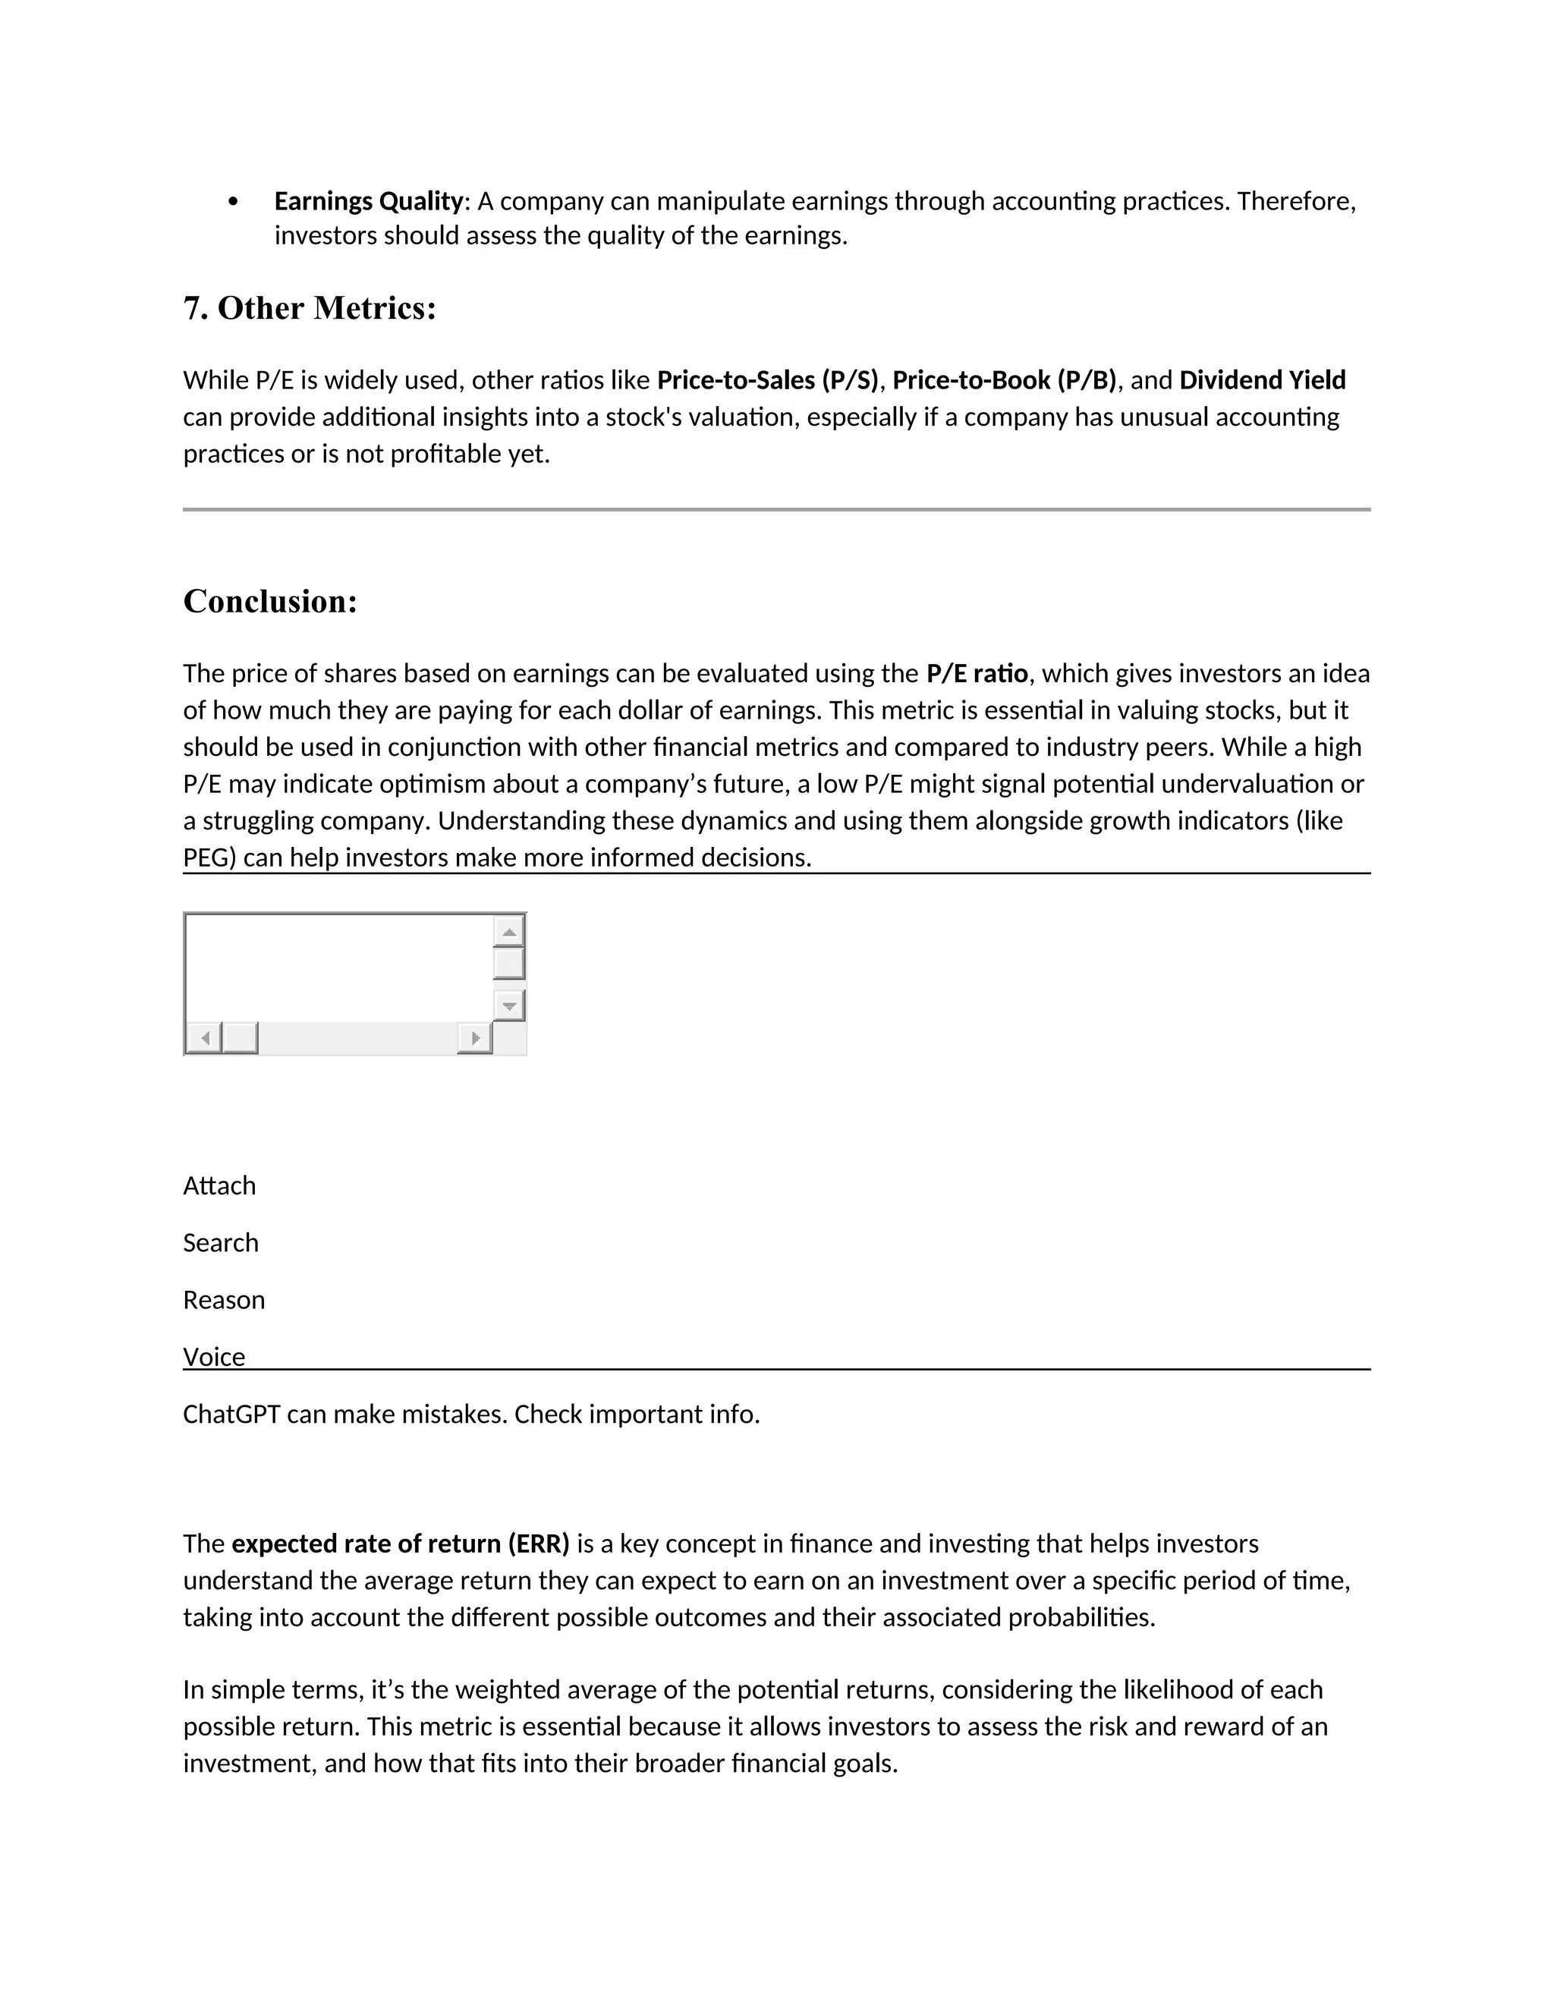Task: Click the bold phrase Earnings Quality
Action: tap(368, 201)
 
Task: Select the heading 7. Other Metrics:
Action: tap(310, 308)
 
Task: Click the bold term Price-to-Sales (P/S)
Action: tap(768, 380)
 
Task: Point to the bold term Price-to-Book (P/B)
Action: tap(1003, 380)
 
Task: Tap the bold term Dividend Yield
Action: tap(1262, 380)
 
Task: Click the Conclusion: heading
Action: tap(269, 601)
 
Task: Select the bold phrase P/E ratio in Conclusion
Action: tap(977, 674)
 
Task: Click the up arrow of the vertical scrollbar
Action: tap(509, 932)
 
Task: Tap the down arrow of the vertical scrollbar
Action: tap(509, 1005)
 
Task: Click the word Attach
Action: tap(219, 1186)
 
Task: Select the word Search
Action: tap(221, 1243)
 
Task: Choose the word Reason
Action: tap(224, 1300)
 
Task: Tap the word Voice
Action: tap(213, 1358)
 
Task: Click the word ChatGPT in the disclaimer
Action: tap(231, 1415)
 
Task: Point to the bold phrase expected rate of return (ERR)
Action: tap(401, 1544)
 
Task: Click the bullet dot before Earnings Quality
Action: tap(233, 202)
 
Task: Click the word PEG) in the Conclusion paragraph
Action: tap(210, 858)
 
